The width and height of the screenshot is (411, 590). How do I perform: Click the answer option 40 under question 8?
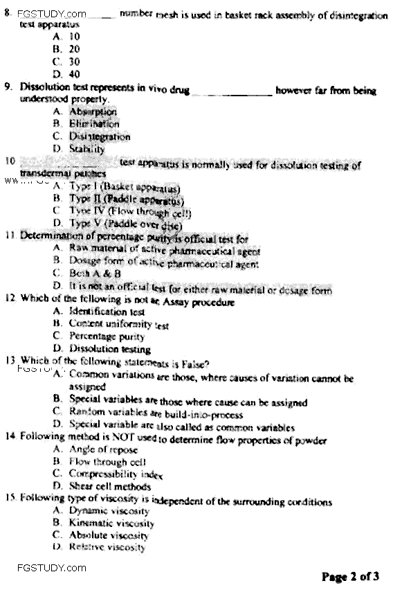(x=74, y=74)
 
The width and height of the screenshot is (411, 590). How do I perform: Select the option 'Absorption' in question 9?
(x=93, y=111)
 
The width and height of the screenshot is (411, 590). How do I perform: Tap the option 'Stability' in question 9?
(x=87, y=149)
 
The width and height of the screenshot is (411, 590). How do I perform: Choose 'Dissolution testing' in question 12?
(x=109, y=349)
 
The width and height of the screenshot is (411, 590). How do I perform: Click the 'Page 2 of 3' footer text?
(x=350, y=576)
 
